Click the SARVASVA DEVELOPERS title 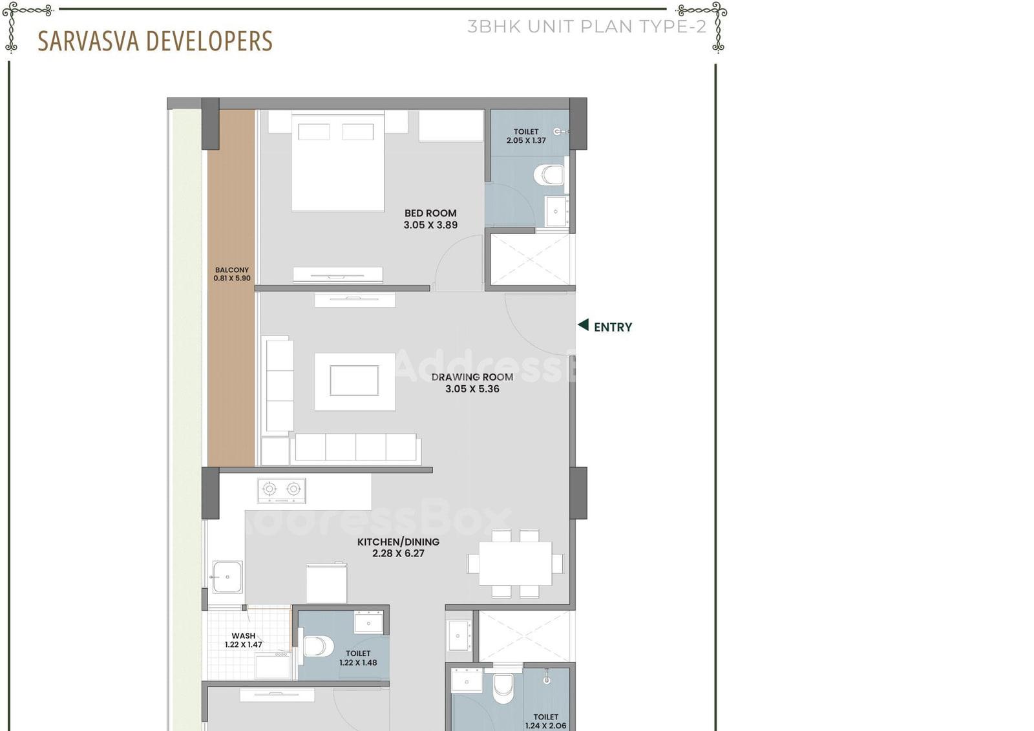(155, 41)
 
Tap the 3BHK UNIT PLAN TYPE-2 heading (587, 26)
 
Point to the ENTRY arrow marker (584, 324)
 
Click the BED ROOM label (430, 213)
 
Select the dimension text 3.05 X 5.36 (472, 389)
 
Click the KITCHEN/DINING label (398, 542)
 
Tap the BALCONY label (232, 270)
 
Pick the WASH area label (243, 636)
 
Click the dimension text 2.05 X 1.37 (526, 140)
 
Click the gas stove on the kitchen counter (282, 491)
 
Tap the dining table (515, 564)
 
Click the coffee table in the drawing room (355, 381)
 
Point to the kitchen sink (227, 577)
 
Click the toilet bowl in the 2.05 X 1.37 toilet (549, 175)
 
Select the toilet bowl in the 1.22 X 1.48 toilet (319, 646)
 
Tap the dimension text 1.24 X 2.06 (545, 725)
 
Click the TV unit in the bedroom (338, 275)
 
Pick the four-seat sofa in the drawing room (356, 448)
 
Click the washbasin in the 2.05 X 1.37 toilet (556, 211)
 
